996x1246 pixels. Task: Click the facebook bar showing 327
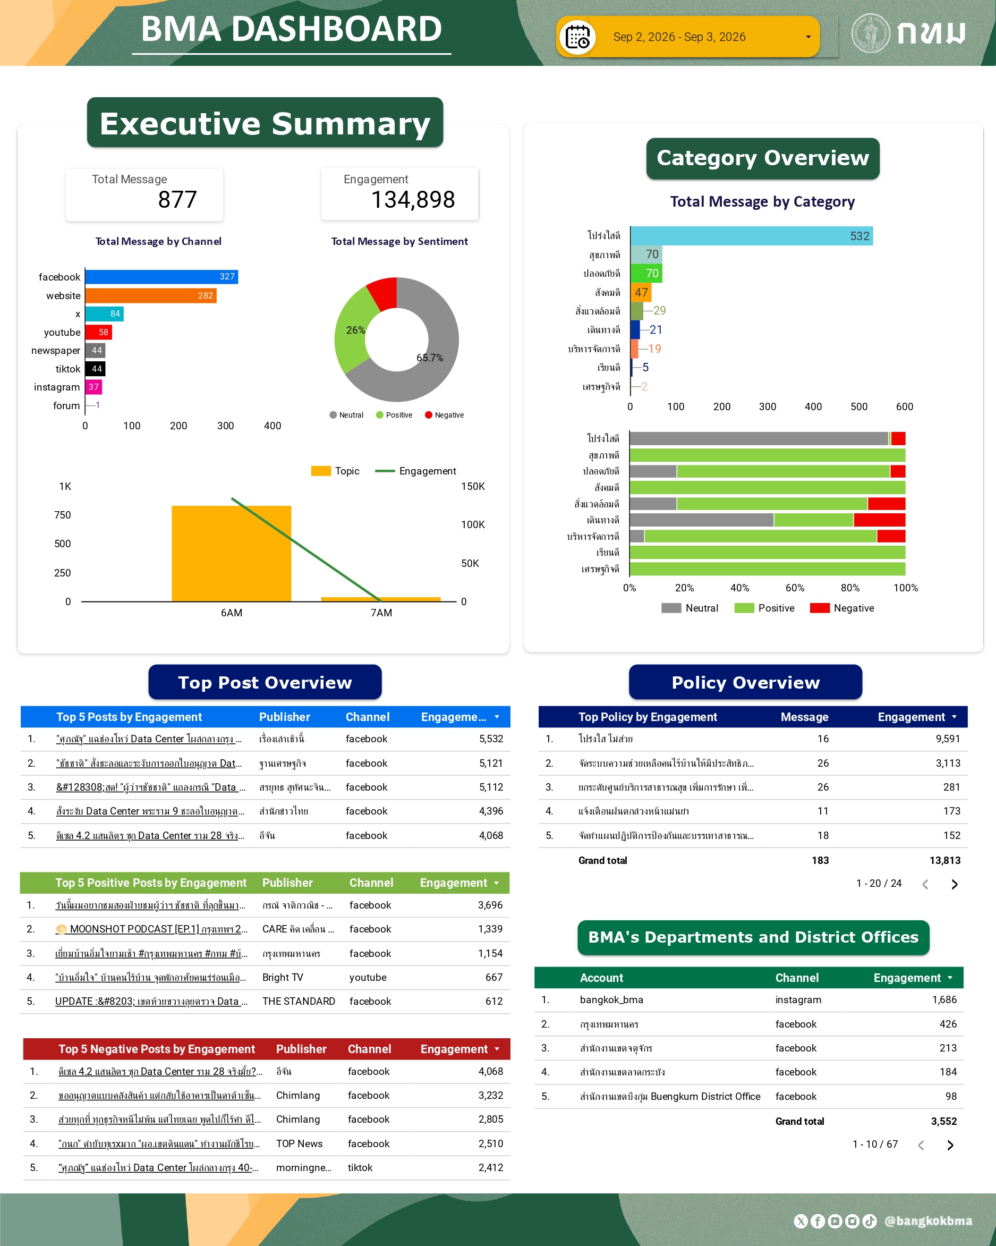162,277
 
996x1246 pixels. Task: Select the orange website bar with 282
151,295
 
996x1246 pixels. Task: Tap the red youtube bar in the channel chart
98,332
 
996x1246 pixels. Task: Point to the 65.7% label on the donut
430,358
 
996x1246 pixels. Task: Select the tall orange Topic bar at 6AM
231,554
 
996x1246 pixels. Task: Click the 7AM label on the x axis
381,613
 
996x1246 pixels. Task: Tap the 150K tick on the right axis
473,487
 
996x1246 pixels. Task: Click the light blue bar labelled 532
751,236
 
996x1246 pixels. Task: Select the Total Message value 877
177,200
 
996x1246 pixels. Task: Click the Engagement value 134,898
413,200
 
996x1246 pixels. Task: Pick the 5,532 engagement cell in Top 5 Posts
491,739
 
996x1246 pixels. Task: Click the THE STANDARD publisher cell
299,1002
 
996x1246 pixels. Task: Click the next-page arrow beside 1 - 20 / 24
955,884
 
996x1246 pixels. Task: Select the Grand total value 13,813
944,861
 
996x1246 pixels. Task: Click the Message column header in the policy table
804,717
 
